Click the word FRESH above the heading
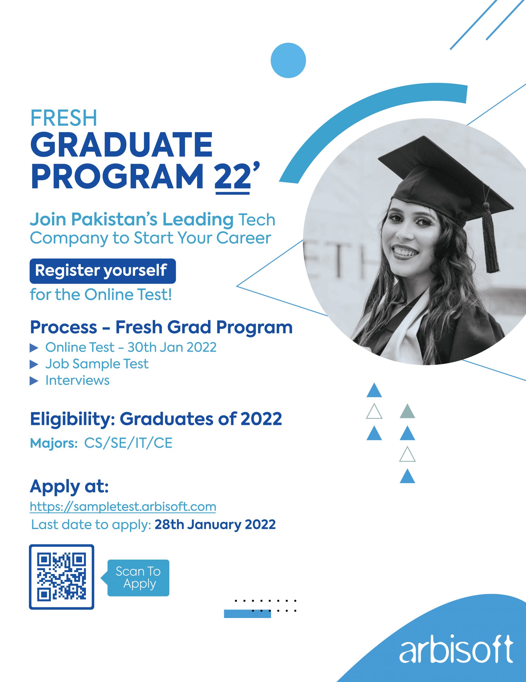click(64, 118)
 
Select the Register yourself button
click(103, 271)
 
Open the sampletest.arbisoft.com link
click(123, 506)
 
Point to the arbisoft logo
click(456, 649)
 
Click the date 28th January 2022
click(215, 524)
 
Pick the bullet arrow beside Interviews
click(34, 381)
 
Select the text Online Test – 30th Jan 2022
click(131, 347)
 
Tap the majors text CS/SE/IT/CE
click(128, 443)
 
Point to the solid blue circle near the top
click(289, 60)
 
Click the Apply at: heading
click(69, 486)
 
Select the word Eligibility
click(73, 419)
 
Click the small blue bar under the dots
click(247, 614)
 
